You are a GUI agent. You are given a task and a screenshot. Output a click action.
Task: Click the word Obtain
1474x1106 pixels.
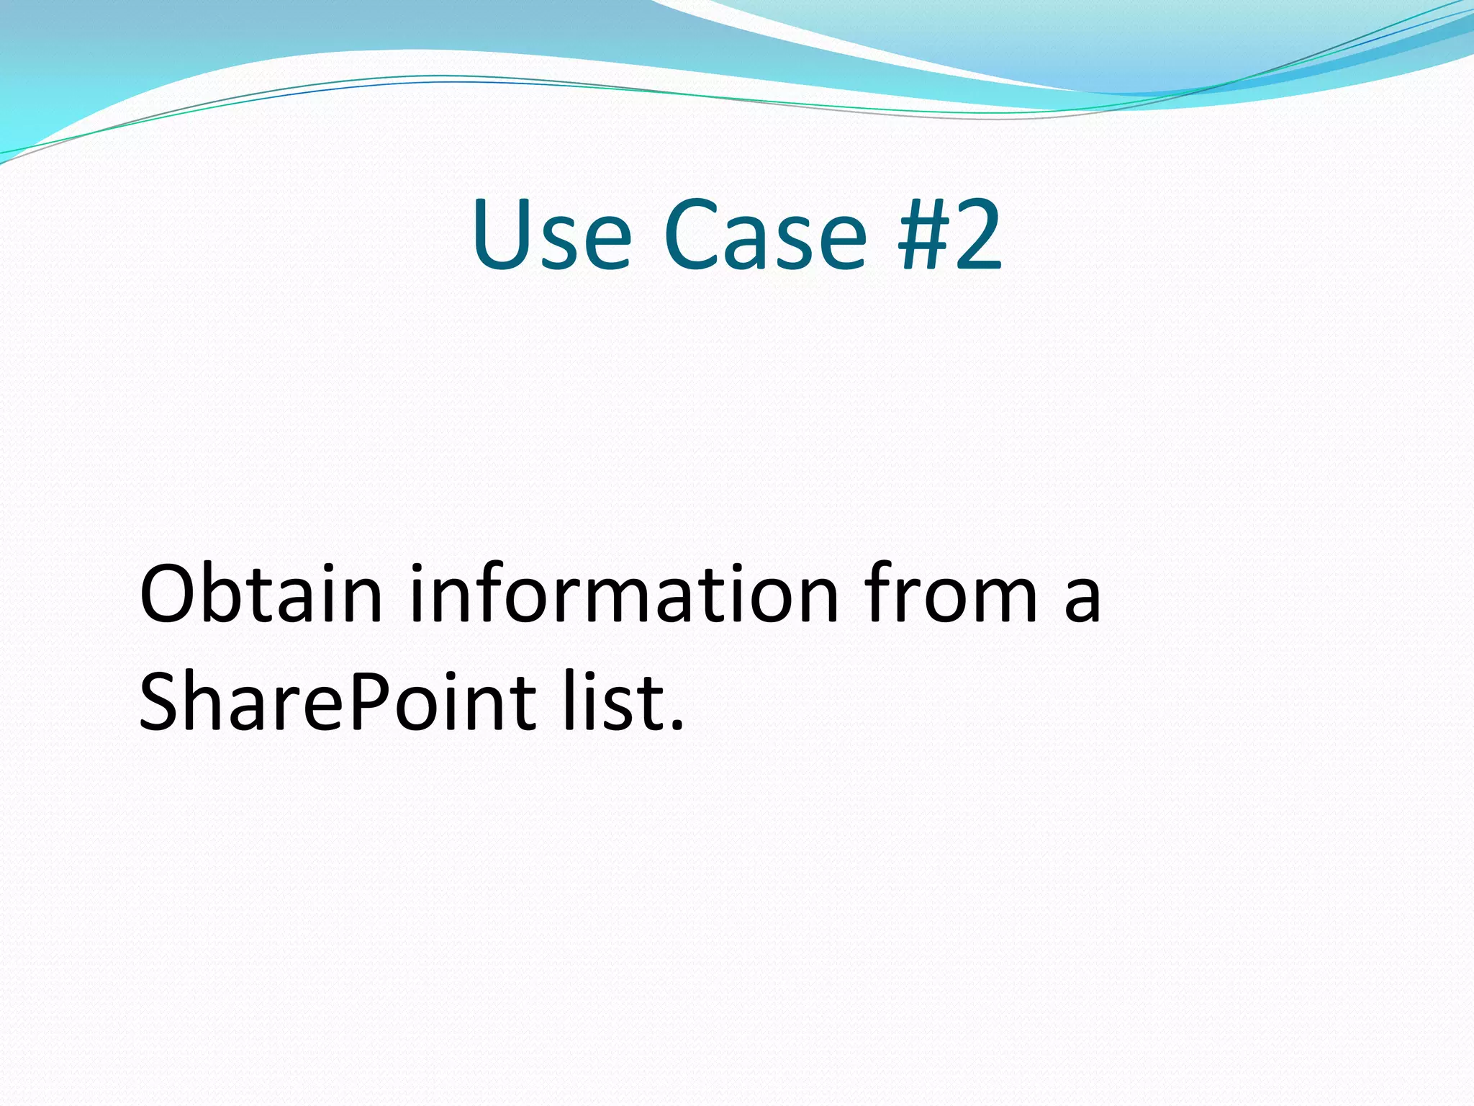tap(261, 595)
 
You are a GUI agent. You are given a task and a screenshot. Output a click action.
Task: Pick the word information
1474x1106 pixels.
tap(624, 595)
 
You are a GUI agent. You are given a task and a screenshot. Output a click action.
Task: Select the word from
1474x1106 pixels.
tap(951, 595)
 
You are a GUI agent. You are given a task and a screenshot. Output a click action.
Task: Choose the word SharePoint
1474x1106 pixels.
tap(338, 702)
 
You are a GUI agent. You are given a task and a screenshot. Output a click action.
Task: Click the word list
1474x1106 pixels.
tap(614, 702)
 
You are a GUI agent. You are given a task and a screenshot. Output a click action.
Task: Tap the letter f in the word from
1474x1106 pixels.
tap(882, 595)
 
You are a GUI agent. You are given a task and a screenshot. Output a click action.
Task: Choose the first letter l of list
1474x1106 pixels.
tap(569, 702)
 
